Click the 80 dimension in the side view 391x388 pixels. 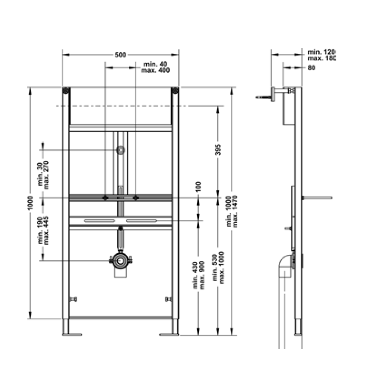click(312, 67)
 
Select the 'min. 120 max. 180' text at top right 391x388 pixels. click(321, 55)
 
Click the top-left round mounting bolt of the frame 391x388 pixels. click(65, 91)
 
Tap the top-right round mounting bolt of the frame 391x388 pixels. click(175, 91)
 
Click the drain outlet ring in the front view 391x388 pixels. click(121, 261)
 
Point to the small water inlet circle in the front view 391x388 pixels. click(121, 150)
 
